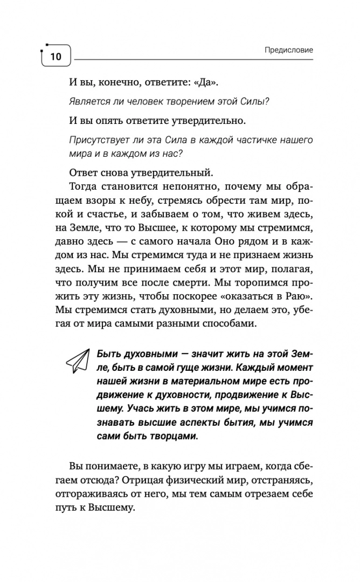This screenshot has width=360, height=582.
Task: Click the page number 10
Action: (x=56, y=56)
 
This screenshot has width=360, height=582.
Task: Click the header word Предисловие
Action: (x=289, y=50)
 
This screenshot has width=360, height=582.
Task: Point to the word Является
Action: (x=88, y=101)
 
